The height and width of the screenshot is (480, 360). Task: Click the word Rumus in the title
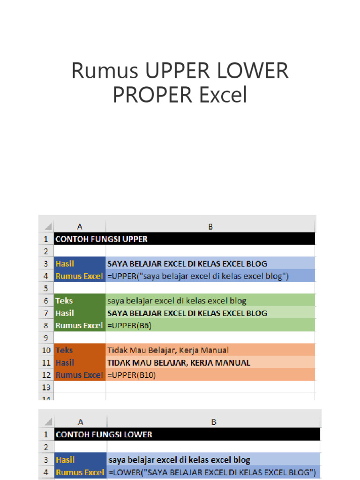tap(105, 71)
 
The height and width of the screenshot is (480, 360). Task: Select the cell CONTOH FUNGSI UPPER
tap(101, 239)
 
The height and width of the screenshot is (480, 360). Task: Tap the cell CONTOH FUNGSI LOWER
tap(104, 435)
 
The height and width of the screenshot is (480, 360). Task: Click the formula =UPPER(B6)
tap(130, 325)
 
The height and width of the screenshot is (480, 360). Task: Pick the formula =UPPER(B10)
tap(132, 375)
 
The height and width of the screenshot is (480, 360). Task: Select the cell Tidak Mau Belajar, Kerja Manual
tap(168, 350)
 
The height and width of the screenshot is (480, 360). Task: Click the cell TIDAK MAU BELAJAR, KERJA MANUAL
tap(179, 362)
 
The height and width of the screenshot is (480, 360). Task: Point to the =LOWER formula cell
tap(212, 472)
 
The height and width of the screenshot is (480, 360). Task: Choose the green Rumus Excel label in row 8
tap(79, 325)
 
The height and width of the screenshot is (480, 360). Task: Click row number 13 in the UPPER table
tap(46, 387)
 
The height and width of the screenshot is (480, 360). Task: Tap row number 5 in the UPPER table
tap(46, 288)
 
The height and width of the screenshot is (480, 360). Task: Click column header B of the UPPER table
tap(210, 227)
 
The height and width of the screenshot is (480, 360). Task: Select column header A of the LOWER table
tap(81, 422)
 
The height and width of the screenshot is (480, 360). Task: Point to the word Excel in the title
tap(223, 95)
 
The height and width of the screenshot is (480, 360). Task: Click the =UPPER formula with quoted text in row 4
tap(198, 276)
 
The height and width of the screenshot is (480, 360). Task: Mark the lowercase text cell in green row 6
tap(177, 300)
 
